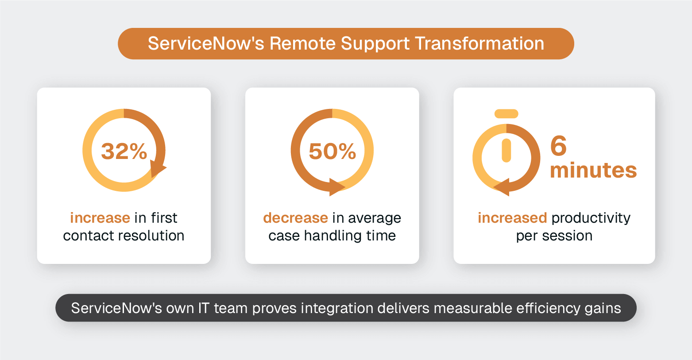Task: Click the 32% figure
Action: [124, 151]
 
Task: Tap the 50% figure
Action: [332, 151]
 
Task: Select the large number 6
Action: [558, 146]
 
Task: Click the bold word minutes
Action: [593, 170]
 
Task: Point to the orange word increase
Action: [100, 218]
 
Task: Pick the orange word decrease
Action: [295, 218]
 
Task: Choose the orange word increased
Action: [512, 218]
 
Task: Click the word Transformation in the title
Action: [479, 43]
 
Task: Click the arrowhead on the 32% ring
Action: [157, 169]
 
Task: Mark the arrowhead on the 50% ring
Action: [336, 187]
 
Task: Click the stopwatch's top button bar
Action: [506, 114]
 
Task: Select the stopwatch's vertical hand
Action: [506, 151]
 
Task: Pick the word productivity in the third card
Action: [591, 218]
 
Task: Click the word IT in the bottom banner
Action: [203, 308]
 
